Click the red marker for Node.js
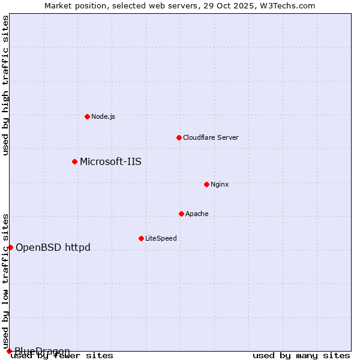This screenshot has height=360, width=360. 87,116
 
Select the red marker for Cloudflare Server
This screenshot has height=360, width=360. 179,137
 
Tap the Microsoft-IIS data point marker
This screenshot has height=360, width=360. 74,161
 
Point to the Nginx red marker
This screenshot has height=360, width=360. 206,184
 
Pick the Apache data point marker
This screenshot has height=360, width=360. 181,214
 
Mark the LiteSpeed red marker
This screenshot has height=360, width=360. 141,238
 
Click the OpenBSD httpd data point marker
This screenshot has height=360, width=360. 10,247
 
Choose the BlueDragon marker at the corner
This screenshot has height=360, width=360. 9,351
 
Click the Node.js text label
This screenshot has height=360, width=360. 103,116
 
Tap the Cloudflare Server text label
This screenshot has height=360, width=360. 211,137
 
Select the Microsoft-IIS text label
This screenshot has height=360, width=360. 110,161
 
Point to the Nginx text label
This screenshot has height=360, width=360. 220,184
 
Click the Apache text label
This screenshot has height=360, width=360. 197,214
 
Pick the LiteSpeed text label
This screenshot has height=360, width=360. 161,238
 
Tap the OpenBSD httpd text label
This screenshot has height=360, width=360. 53,247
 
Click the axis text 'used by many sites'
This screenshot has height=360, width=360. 301,356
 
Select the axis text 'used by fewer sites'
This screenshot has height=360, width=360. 62,356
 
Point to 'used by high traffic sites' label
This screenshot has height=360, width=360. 5,85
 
